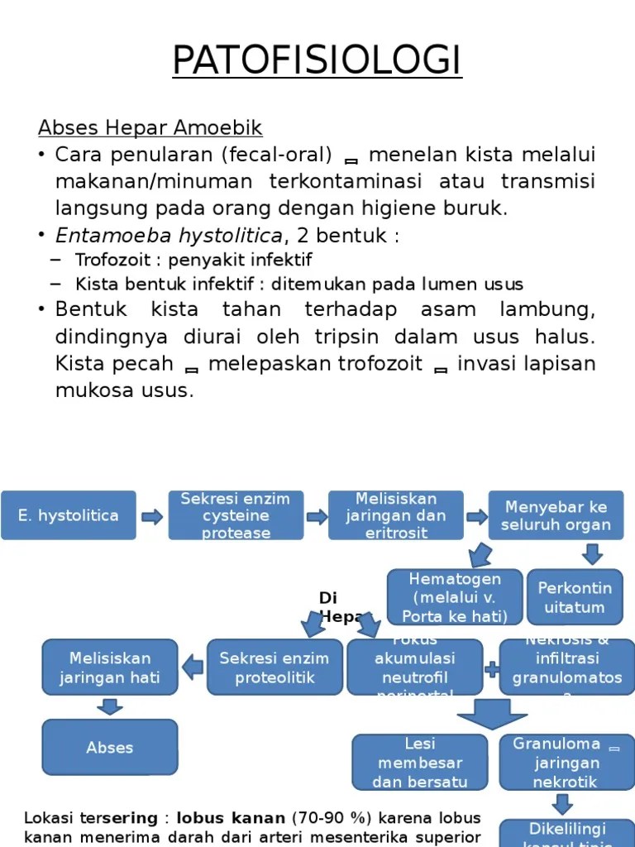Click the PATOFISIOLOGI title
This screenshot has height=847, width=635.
point(317,60)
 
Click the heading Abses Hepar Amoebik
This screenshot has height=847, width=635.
point(150,128)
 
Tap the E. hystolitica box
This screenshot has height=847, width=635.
point(69,515)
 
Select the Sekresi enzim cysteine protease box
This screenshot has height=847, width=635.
point(236,515)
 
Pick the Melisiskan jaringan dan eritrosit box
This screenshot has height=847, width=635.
point(395,515)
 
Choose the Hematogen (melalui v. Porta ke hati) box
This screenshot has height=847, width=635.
point(455,597)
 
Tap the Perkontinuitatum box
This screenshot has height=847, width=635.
point(575,597)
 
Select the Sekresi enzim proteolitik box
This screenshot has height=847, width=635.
point(274,668)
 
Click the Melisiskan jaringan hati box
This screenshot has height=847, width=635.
point(110,668)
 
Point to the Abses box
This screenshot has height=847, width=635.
point(110,747)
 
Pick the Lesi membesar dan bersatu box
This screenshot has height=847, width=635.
point(419,762)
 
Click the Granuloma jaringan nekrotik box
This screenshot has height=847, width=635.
point(566,762)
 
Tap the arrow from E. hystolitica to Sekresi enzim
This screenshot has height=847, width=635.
point(152,517)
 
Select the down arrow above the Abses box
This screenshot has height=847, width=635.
point(109,706)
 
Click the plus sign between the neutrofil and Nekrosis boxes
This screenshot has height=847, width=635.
point(491,668)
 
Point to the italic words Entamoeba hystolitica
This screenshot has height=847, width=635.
point(169,235)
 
